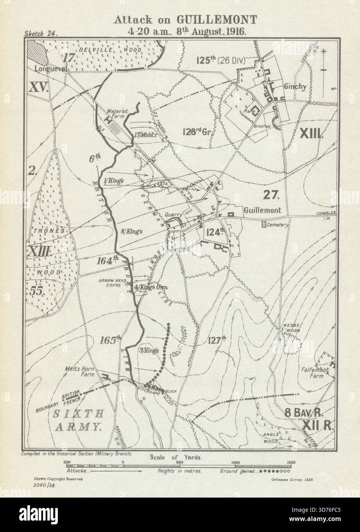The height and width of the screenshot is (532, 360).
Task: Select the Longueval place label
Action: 46,69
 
